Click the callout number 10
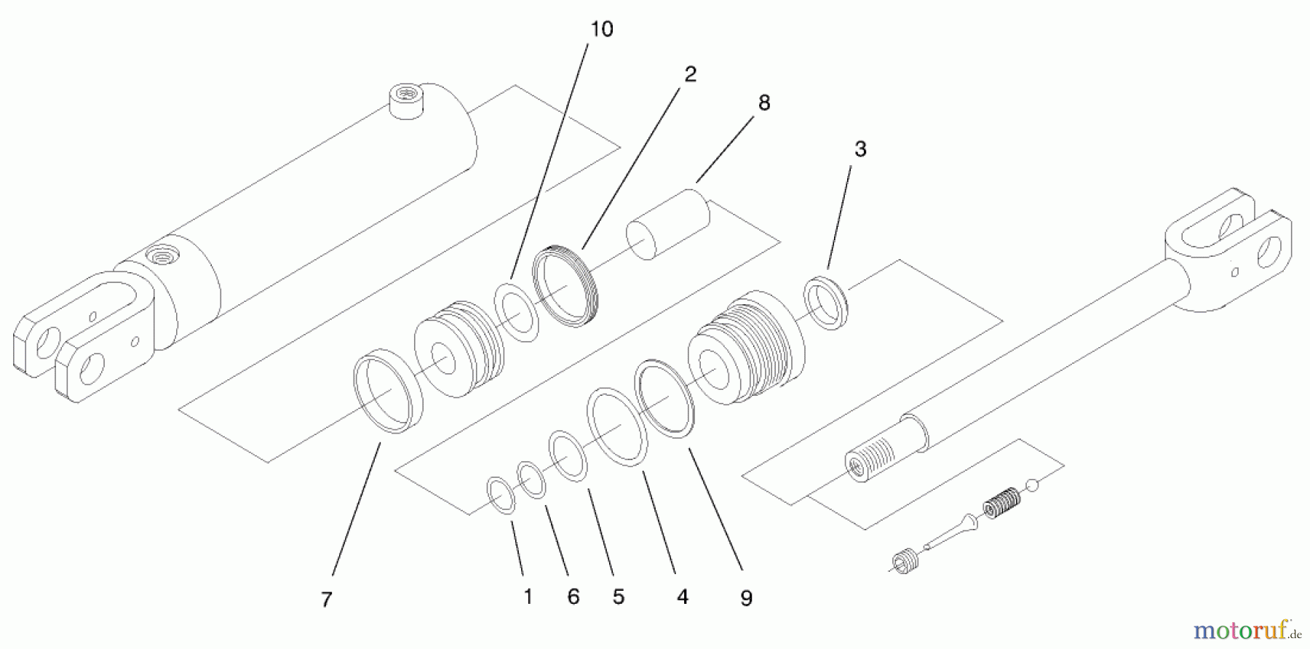tap(601, 29)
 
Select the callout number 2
tap(690, 74)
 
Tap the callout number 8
tap(763, 103)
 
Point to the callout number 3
tap(860, 149)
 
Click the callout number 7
tap(327, 600)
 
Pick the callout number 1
tap(528, 597)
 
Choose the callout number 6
tap(573, 597)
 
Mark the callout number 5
tap(619, 597)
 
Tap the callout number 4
tap(682, 597)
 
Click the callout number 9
tap(746, 598)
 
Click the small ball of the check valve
tap(1031, 485)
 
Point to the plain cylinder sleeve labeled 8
tap(668, 224)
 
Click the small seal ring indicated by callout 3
tap(826, 302)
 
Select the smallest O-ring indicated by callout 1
tap(501, 495)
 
